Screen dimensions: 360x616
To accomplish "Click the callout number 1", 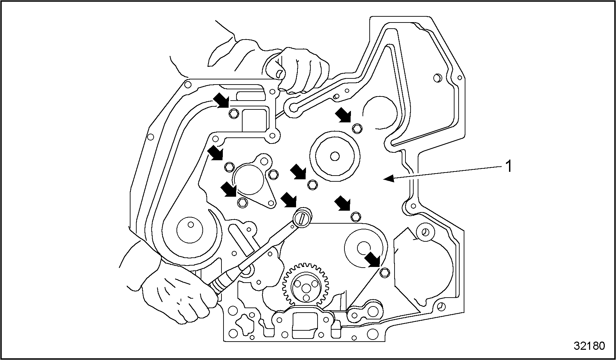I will click(508, 167).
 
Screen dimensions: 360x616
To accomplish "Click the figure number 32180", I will click(589, 346).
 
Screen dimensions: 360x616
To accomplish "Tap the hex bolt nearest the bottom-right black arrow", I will click(384, 271).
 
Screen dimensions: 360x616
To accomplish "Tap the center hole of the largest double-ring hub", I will click(335, 156).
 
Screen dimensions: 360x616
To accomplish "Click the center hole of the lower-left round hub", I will click(191, 225).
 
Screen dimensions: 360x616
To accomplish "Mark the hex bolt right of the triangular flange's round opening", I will click(273, 175).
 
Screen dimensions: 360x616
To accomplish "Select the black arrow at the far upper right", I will click(343, 115).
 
